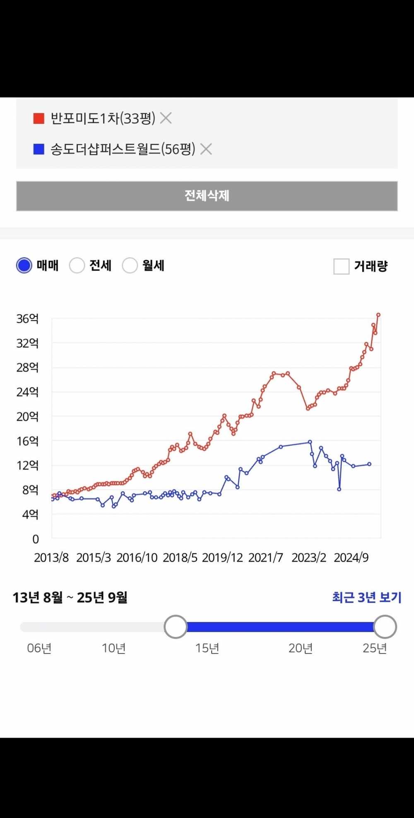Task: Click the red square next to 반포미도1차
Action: [39, 118]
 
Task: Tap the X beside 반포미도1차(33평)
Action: [166, 118]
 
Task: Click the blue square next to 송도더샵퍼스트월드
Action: [39, 149]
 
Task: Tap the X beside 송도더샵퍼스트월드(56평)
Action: [206, 149]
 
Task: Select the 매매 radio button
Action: [24, 265]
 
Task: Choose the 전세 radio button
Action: [77, 265]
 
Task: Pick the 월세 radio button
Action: [130, 265]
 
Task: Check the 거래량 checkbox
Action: [342, 266]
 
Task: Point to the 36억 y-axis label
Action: [27, 319]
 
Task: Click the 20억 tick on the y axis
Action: [27, 417]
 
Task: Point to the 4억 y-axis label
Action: [30, 514]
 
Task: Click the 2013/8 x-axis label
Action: [51, 557]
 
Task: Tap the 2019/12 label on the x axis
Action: [222, 557]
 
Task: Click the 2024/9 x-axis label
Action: [351, 557]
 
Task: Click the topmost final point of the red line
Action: [378, 315]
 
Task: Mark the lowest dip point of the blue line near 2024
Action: [339, 489]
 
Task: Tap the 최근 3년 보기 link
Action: [367, 597]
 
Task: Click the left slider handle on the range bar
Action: [176, 627]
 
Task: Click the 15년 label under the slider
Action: [207, 648]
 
